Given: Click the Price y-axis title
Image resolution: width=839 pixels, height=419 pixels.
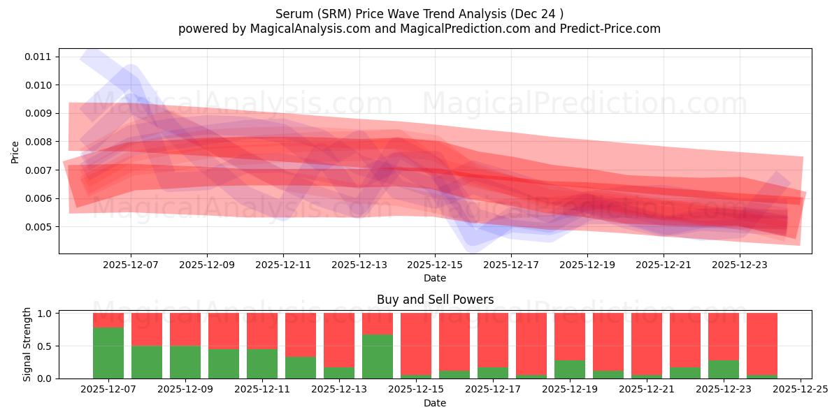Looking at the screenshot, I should click(15, 152).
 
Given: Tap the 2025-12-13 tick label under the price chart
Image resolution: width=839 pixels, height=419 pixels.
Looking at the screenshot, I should click(359, 265).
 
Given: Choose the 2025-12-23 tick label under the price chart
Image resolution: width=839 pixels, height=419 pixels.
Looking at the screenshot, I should click(740, 265).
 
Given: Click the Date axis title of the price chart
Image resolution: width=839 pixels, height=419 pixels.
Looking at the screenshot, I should click(434, 278).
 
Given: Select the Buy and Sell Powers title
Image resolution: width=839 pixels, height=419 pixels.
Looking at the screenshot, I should click(435, 300).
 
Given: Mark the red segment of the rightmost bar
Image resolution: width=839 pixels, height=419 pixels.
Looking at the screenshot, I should click(761, 342).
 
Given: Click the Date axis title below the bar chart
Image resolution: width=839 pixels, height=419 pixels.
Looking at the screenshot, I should click(434, 403).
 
